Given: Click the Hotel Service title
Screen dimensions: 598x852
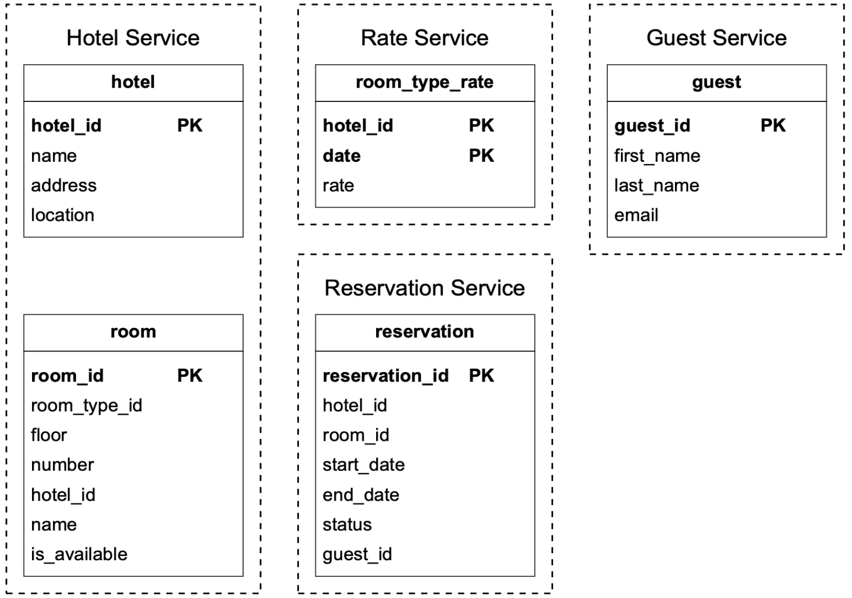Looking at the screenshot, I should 133,38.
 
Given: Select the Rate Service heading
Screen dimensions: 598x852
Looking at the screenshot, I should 424,38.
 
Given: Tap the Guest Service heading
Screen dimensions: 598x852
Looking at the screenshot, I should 716,38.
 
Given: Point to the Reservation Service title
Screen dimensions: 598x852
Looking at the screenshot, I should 424,288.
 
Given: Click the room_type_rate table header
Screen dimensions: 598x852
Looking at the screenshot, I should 424,83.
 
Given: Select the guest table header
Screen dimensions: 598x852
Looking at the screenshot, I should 716,83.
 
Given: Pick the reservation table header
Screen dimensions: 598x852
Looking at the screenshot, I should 424,332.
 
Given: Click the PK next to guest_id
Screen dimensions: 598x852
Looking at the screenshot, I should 773,126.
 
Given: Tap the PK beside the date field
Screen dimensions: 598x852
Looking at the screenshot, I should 481,156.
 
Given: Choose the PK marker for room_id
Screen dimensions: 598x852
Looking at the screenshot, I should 190,376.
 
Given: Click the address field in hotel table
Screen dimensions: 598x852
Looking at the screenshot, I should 64,185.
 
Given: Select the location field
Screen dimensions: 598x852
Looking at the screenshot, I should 63,215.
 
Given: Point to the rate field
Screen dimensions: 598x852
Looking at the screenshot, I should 338,185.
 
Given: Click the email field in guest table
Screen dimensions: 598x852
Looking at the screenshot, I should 636,215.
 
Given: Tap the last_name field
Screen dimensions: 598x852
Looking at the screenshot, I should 657,185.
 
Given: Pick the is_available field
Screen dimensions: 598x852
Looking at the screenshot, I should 79,554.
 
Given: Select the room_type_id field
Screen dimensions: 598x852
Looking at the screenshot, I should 86,406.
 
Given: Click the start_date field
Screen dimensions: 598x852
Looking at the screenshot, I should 363,465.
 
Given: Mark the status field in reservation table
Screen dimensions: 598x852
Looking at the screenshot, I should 347,524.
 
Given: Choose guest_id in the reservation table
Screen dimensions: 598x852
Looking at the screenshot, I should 357,554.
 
